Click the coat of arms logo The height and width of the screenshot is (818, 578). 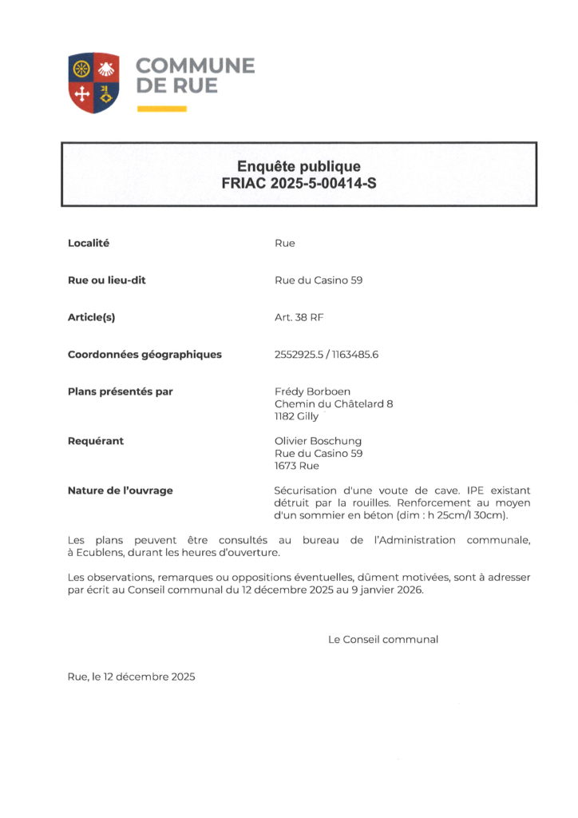click(93, 82)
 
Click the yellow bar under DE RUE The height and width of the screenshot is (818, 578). click(161, 108)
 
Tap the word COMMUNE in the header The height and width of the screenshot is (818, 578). click(195, 66)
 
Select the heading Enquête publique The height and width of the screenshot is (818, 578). click(299, 166)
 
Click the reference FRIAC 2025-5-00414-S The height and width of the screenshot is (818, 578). click(299, 183)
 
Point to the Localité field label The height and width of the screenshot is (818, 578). click(89, 243)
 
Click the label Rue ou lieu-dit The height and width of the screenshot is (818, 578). click(107, 280)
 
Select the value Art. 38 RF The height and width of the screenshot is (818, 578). click(299, 317)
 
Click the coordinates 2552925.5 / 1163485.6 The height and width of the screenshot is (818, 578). click(326, 355)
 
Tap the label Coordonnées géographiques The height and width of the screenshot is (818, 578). click(144, 355)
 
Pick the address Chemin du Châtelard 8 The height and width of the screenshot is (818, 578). click(333, 404)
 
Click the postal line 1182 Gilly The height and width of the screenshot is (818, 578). click(296, 416)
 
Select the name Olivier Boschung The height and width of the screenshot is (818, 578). click(318, 441)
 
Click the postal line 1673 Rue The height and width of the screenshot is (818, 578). click(296, 466)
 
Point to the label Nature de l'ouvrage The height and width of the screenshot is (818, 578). click(120, 490)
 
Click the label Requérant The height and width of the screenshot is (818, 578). click(96, 441)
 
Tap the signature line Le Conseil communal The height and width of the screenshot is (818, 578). click(382, 639)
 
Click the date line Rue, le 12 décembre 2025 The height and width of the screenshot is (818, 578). click(131, 677)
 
